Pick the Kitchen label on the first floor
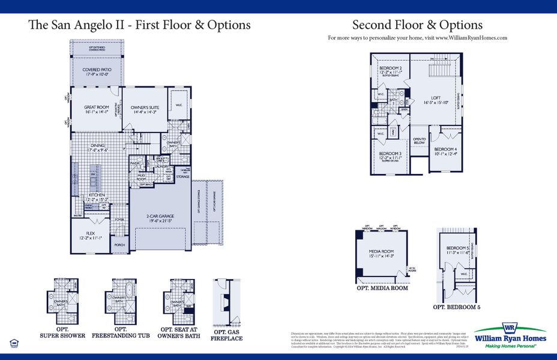coord(97,197)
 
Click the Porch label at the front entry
coord(120,245)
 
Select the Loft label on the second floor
coord(436,100)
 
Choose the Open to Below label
coord(419,141)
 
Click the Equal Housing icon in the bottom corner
coord(14,343)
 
